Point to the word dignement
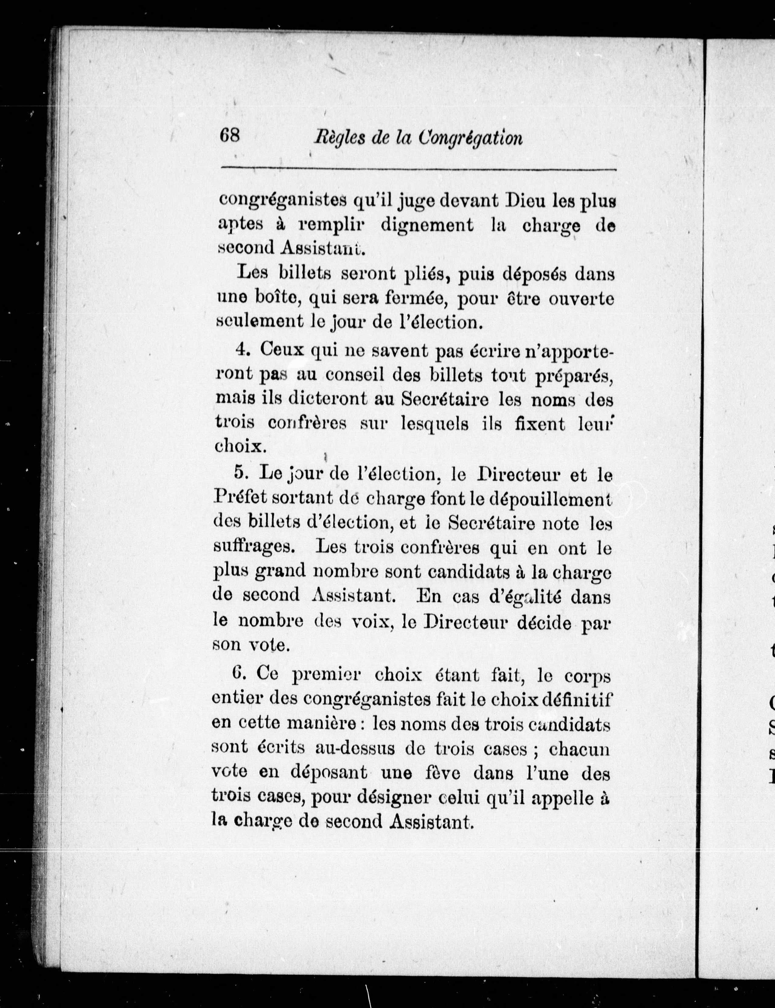click(x=427, y=225)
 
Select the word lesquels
click(x=435, y=423)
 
